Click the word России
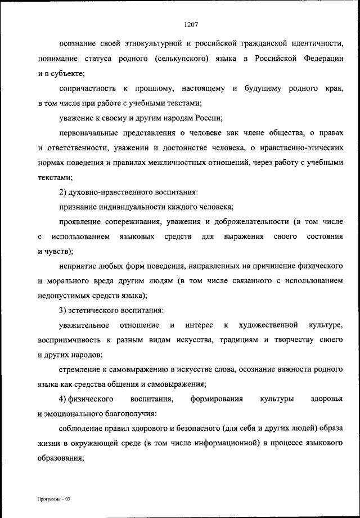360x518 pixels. coord(210,118)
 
